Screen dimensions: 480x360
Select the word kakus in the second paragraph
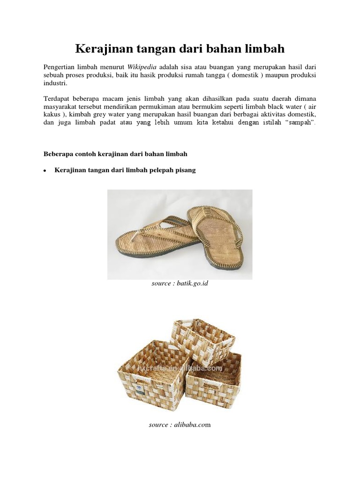coord(52,115)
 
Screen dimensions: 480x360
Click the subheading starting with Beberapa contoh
coord(115,154)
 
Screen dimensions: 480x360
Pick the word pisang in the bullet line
coord(186,171)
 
